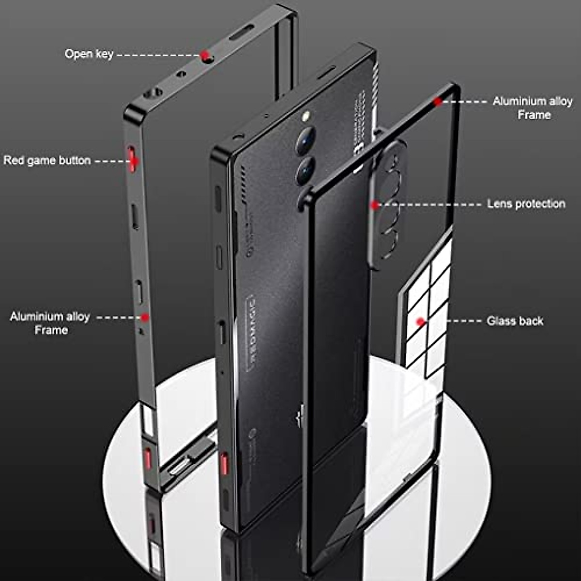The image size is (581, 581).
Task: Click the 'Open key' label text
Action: click(89, 54)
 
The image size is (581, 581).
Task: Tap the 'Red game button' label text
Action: click(47, 160)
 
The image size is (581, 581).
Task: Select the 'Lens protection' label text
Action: click(526, 204)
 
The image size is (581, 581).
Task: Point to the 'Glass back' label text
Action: click(515, 321)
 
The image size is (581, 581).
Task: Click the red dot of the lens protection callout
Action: click(374, 205)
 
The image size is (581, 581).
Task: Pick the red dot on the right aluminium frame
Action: click(438, 102)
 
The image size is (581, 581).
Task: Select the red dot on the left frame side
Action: click(145, 317)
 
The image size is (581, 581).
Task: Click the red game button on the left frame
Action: click(132, 157)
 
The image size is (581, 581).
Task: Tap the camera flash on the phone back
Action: click(306, 116)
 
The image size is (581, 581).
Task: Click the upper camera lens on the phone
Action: click(306, 141)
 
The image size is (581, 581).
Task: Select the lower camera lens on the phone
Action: click(305, 170)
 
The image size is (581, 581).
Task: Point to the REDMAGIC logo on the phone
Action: click(252, 334)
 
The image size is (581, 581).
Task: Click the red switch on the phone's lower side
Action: click(224, 464)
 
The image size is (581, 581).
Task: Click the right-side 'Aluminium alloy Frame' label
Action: click(533, 108)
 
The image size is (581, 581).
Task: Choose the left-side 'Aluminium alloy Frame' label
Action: click(50, 323)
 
